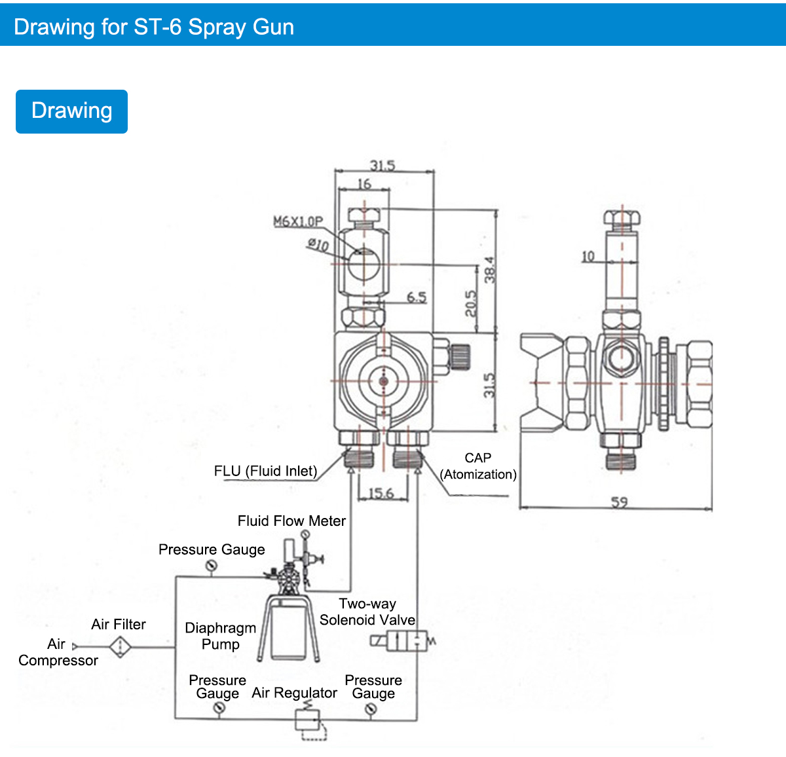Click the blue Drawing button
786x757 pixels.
(x=71, y=111)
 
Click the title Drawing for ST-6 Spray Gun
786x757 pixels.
(x=154, y=27)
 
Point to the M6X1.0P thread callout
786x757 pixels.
(x=298, y=222)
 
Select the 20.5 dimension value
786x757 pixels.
(x=471, y=303)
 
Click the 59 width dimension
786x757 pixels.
(x=619, y=502)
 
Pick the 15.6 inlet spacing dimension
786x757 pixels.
(x=381, y=493)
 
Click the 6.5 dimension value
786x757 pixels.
(x=417, y=297)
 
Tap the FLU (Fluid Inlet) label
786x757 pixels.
(x=265, y=471)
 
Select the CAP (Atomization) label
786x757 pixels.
(x=478, y=466)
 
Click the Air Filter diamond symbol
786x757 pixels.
(x=120, y=647)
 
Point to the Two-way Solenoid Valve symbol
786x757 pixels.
(x=406, y=641)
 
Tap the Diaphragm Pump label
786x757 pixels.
(x=221, y=636)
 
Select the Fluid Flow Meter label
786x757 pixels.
(x=291, y=521)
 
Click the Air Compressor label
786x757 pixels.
(x=58, y=652)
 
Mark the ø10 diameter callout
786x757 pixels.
(x=318, y=245)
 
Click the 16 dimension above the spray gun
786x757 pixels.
(x=364, y=184)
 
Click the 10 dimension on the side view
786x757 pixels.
(x=588, y=256)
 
